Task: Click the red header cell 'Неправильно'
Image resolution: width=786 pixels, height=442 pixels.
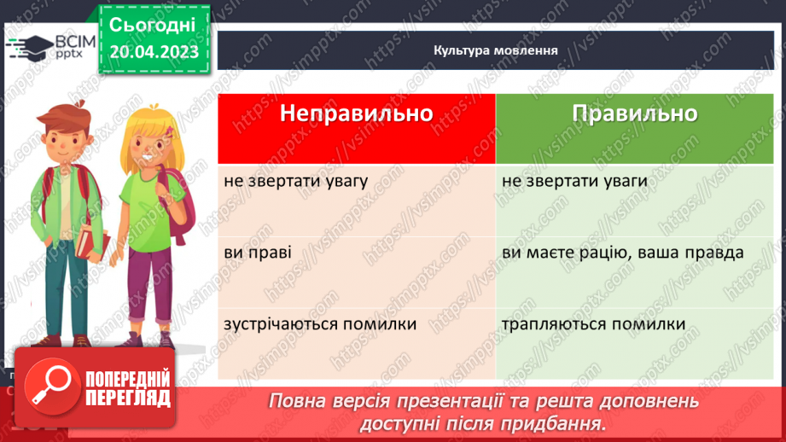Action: pos(356,115)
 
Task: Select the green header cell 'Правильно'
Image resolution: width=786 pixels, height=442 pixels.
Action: pos(634,115)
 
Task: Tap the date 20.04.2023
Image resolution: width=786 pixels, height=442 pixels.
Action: pos(154,51)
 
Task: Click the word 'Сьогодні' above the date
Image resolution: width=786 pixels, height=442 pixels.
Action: pos(153,24)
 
